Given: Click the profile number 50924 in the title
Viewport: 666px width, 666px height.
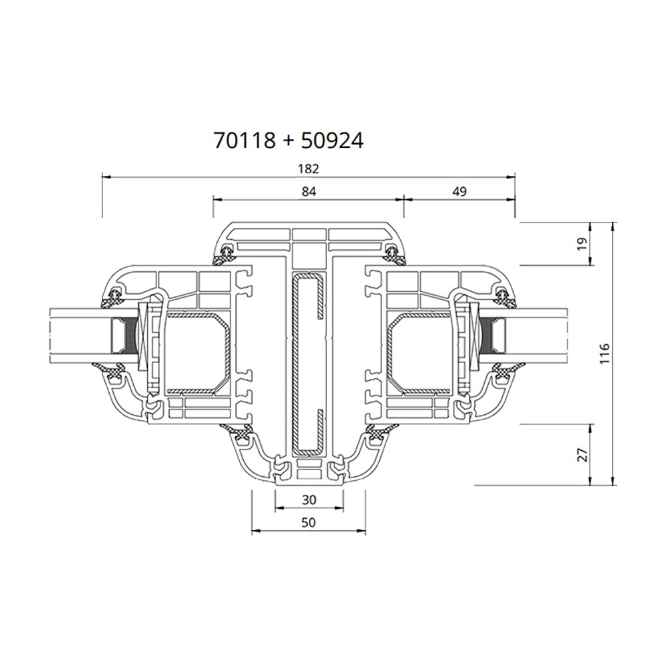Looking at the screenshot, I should coord(332,141).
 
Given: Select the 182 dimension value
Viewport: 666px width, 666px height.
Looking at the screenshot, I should coord(310,168).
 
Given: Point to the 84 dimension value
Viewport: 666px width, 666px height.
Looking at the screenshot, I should coord(308,191).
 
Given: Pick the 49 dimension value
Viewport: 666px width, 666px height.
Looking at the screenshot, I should coord(459,191).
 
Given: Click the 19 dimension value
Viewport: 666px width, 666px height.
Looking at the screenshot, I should coord(581,243).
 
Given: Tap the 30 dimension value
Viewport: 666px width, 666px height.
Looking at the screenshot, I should coord(308,499).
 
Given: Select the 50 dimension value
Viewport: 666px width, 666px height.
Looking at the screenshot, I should coord(308,523).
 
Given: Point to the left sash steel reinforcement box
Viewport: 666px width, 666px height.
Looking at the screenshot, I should coord(197,352).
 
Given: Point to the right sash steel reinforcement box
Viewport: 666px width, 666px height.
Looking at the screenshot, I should coord(421,352).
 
